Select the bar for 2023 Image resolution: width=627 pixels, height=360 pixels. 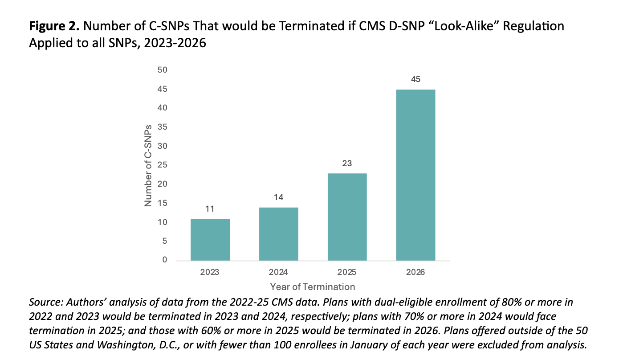coord(210,240)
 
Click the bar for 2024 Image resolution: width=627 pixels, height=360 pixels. coord(278,234)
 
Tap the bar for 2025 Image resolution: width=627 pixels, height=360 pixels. coord(347,217)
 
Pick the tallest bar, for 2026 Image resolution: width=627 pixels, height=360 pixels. coord(415,175)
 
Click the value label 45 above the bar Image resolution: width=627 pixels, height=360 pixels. coord(415,80)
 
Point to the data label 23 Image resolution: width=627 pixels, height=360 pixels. coord(347,164)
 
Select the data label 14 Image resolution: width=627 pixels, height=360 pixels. coord(278,197)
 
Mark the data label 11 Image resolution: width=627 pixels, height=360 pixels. coord(210,209)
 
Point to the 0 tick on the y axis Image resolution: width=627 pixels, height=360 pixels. coord(164,260)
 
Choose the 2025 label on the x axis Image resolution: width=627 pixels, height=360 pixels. coord(347,272)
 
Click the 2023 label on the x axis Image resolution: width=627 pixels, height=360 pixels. coord(210,272)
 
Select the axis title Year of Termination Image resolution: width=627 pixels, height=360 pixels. coord(313,287)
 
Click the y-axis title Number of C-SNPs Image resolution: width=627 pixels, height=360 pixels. coord(148,165)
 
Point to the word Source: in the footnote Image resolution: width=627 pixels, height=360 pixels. coord(46,303)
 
